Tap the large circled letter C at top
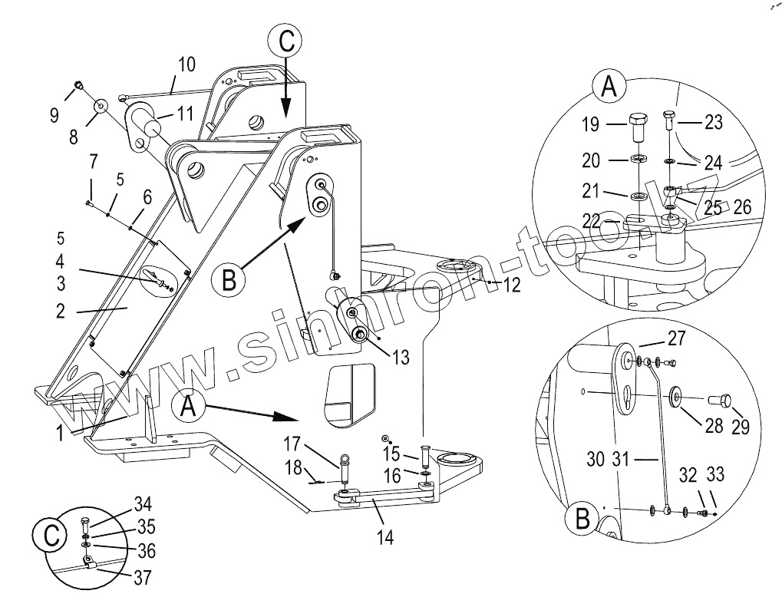coord(285,41)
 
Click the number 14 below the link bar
coord(385,537)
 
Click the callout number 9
coord(54,116)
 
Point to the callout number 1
coord(59,434)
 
